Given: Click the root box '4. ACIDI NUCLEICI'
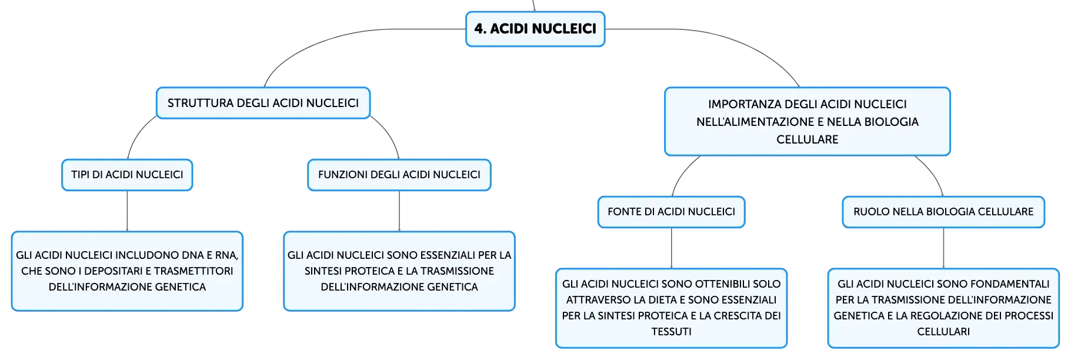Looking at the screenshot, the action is pyautogui.click(x=535, y=29).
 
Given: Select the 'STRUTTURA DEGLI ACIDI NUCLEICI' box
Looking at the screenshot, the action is pyautogui.click(x=263, y=103).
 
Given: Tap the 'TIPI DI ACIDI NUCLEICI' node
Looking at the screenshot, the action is pyautogui.click(x=127, y=175).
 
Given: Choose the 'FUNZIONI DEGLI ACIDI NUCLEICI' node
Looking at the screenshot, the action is pyautogui.click(x=399, y=175).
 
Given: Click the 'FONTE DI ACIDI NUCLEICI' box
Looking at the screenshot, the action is pyautogui.click(x=671, y=212).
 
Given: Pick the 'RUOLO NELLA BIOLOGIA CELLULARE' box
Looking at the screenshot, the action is pyautogui.click(x=943, y=212).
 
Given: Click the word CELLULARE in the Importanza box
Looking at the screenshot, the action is pyautogui.click(x=808, y=139).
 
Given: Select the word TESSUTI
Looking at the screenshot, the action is pyautogui.click(x=671, y=332).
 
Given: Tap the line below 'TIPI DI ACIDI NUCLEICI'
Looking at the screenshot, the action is pyautogui.click(x=127, y=211).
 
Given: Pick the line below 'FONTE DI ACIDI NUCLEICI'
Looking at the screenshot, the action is pyautogui.click(x=671, y=248).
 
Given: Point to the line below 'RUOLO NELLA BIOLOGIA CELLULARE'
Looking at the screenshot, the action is pyautogui.click(x=943, y=248).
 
